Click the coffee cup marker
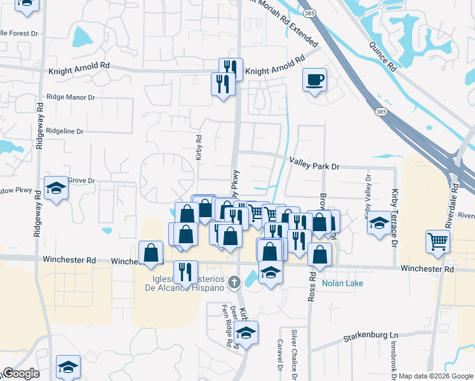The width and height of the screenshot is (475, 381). (x=314, y=80)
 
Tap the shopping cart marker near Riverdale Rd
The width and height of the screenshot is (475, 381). (x=438, y=241)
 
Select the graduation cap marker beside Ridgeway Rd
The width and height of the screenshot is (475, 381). (x=57, y=188)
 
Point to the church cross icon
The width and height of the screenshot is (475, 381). (x=234, y=281)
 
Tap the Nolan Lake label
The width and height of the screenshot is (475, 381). (x=342, y=283)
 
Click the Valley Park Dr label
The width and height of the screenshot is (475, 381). (x=315, y=166)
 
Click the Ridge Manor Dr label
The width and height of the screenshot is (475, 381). (x=70, y=98)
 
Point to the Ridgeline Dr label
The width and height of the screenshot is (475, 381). (x=65, y=131)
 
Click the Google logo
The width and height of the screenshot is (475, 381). (x=20, y=373)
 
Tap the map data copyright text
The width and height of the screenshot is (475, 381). (x=436, y=376)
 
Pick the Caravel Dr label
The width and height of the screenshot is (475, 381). (x=279, y=354)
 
